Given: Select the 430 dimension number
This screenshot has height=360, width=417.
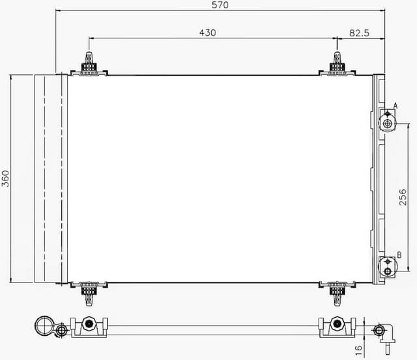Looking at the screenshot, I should click(x=208, y=32).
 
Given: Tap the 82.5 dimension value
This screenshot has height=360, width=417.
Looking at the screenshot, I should click(x=359, y=32).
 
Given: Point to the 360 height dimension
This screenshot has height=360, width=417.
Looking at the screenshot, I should click(x=6, y=178).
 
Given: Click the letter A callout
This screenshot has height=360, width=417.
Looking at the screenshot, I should click(x=395, y=106).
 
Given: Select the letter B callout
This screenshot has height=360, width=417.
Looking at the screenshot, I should click(x=399, y=255).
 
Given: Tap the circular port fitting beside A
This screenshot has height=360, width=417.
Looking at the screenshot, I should click(x=388, y=123).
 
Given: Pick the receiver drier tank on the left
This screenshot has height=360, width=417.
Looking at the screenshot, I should click(x=50, y=178).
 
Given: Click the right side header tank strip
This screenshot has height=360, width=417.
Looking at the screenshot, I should click(x=378, y=178).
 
